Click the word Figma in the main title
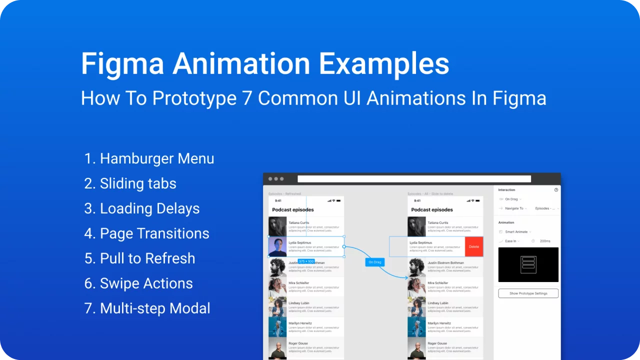(x=122, y=64)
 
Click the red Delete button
(x=474, y=246)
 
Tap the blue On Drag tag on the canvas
(x=374, y=262)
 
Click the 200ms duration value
(x=545, y=241)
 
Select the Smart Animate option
(x=516, y=232)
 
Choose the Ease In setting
(x=511, y=241)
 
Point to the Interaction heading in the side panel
(x=506, y=190)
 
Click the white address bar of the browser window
(x=414, y=179)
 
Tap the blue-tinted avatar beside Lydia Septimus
(x=277, y=246)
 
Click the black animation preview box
(x=528, y=264)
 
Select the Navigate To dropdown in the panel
(x=514, y=208)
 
